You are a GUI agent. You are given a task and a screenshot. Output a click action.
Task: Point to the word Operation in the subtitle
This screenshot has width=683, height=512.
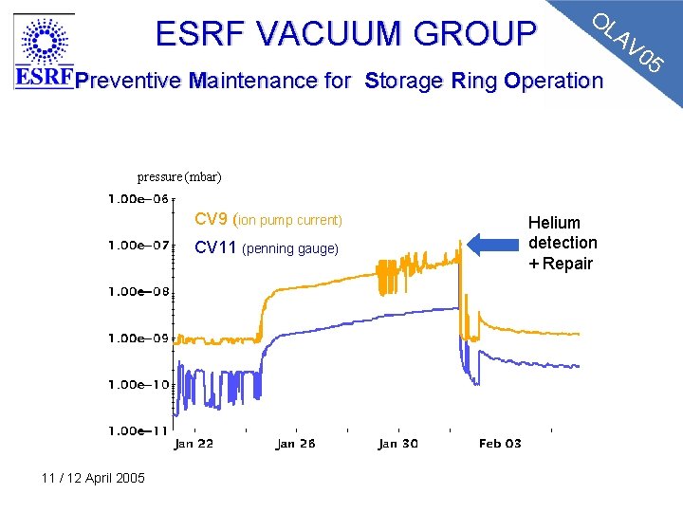click(553, 81)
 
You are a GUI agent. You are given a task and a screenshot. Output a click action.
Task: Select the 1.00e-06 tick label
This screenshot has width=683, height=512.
click(138, 199)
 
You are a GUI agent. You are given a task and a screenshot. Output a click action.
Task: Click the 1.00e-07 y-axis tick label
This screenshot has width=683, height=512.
click(138, 246)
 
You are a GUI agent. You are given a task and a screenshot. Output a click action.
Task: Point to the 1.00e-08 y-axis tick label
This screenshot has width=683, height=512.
click(138, 292)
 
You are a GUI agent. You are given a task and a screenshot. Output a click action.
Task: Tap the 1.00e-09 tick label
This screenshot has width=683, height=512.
click(138, 338)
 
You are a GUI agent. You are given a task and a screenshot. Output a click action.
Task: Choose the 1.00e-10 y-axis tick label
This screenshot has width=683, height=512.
click(138, 385)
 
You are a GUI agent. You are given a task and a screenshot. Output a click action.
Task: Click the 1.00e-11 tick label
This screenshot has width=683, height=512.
click(138, 431)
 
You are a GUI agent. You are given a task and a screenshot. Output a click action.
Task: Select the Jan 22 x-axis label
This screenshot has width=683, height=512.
click(194, 444)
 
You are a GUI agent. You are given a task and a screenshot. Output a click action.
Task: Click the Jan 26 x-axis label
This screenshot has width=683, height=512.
click(295, 444)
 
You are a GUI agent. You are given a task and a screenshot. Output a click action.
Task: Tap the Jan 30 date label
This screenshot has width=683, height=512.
click(397, 444)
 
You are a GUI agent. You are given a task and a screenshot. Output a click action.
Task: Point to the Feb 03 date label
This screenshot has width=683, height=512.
click(500, 444)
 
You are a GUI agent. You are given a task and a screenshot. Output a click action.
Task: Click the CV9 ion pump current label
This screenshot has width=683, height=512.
click(268, 220)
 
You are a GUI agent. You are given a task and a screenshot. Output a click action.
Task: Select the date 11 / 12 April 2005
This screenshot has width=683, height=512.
click(93, 478)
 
